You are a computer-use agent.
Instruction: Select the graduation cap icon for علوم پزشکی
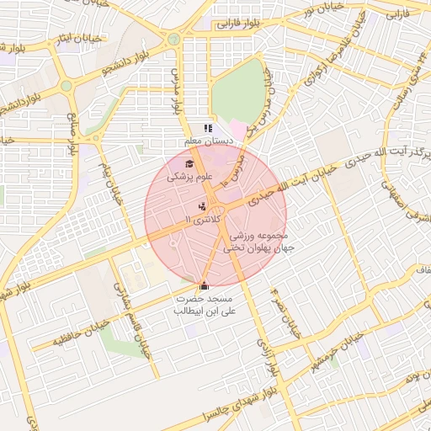pyautogui.click(x=189, y=164)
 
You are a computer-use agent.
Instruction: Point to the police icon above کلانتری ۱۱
pyautogui.click(x=201, y=205)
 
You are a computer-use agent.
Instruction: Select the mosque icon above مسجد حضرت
pyautogui.click(x=204, y=286)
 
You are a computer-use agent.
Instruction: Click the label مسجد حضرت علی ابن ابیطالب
pyautogui.click(x=205, y=305)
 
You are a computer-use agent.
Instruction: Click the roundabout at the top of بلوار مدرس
pyautogui.click(x=174, y=39)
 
